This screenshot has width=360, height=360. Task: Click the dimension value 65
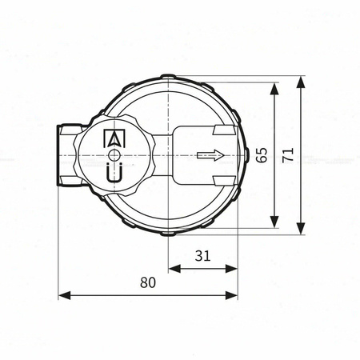262,155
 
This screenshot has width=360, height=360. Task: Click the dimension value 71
288,155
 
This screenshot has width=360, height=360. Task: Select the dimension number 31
203,255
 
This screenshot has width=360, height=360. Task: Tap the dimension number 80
148,282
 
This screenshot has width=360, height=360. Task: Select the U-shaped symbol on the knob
114,172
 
